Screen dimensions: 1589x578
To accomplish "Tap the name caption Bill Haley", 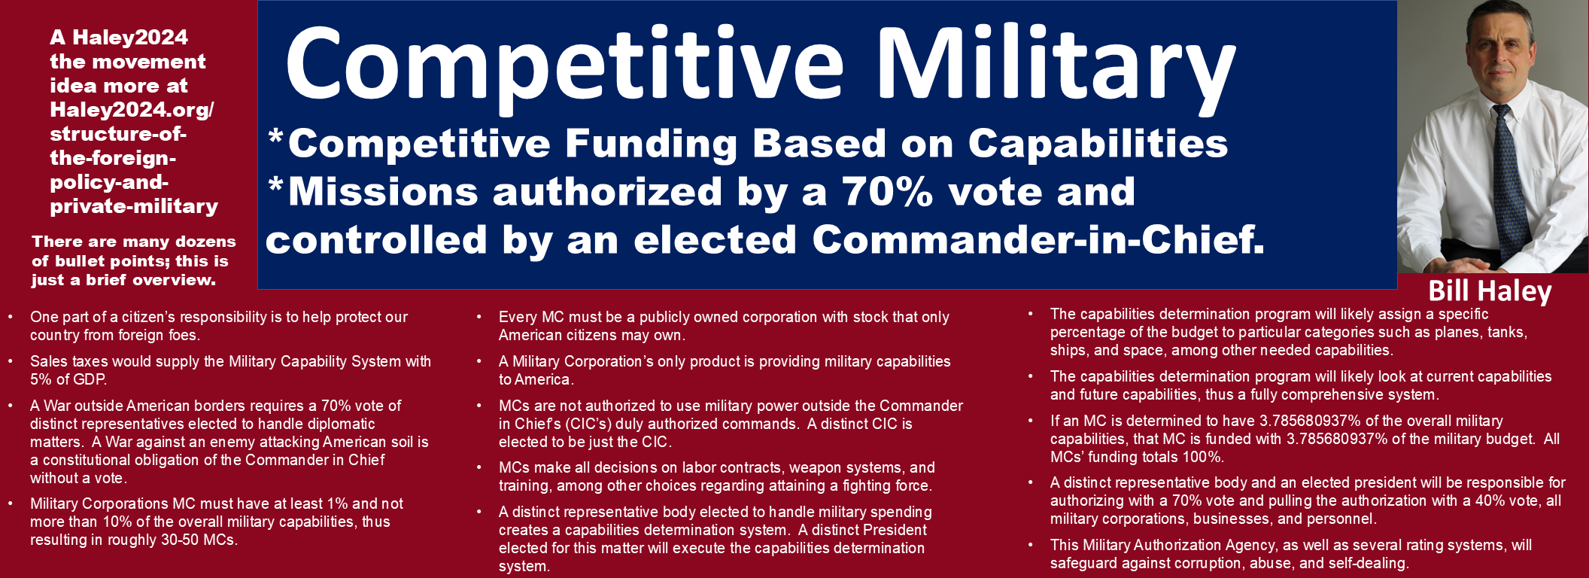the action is (x=1490, y=291).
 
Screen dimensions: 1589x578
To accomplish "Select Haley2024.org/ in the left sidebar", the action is (x=132, y=110).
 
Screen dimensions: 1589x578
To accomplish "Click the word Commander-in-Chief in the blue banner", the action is (x=1038, y=239).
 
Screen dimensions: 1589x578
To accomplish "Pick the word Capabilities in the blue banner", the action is (x=1098, y=143).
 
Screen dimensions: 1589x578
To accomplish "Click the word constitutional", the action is (x=92, y=460).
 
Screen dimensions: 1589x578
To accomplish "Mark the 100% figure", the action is (x=1202, y=457).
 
